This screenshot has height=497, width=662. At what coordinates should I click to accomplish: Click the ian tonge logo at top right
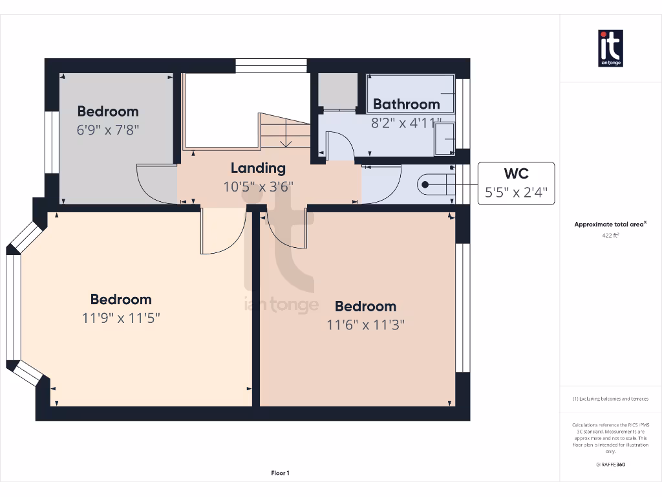coord(610,49)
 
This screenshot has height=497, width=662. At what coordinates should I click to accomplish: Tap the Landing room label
coord(258,168)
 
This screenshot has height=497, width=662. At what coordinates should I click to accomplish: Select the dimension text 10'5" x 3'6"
coord(258,186)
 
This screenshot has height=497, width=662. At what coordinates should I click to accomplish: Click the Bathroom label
coord(406,104)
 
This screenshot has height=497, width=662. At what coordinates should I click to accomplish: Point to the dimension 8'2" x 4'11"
coord(406,122)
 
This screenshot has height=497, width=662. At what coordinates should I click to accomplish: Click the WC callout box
coord(516,183)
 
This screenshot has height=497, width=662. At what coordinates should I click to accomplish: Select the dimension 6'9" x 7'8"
coord(108,129)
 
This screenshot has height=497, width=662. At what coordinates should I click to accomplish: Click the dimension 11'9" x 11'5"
coord(121,318)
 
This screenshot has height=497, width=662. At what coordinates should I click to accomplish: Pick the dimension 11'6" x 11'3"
coord(365,325)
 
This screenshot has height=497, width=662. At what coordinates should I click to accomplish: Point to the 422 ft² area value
coord(611,236)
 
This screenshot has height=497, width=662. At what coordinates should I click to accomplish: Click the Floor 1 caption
coord(280,473)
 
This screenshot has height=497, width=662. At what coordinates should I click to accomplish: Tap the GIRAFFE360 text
coord(611,464)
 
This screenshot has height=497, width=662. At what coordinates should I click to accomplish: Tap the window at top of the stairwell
coord(270,65)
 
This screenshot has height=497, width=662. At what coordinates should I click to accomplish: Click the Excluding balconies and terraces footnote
coord(610,399)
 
